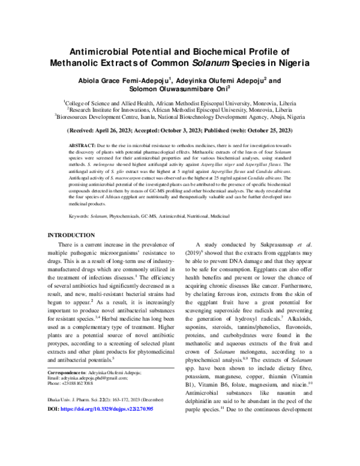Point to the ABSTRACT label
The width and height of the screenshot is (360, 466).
pyautogui.click(x=81, y=145)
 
